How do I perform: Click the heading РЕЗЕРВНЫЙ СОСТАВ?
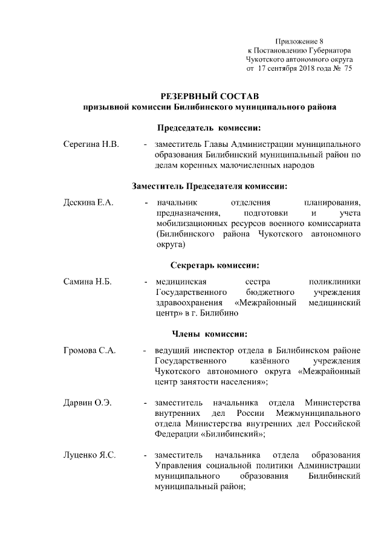[209, 96]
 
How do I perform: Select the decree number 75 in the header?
[348, 69]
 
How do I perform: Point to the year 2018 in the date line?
[295, 69]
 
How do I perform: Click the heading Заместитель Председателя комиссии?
[209, 186]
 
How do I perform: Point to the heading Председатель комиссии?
[209, 128]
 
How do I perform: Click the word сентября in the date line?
[267, 69]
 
